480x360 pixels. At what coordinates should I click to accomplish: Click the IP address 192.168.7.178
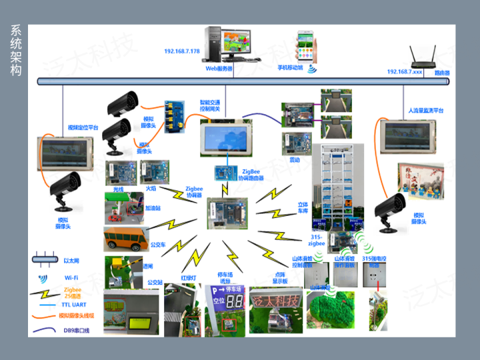click(x=182, y=51)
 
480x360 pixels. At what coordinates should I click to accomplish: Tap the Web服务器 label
click(x=219, y=68)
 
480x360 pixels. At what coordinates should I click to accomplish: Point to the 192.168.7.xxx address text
click(x=405, y=71)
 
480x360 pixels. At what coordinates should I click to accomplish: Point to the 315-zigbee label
click(x=317, y=240)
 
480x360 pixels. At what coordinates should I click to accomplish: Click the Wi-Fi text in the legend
click(x=71, y=277)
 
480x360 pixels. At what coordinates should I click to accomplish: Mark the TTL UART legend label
click(x=77, y=303)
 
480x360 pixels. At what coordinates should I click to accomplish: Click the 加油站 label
click(x=154, y=207)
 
